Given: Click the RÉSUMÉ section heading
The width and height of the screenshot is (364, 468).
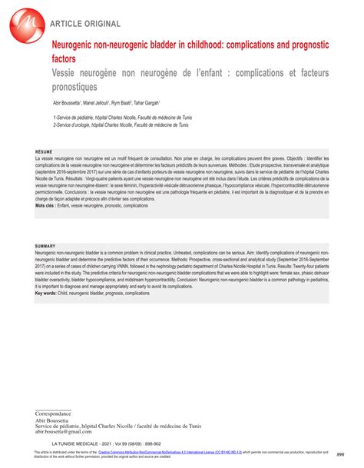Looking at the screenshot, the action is [x=45, y=153].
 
